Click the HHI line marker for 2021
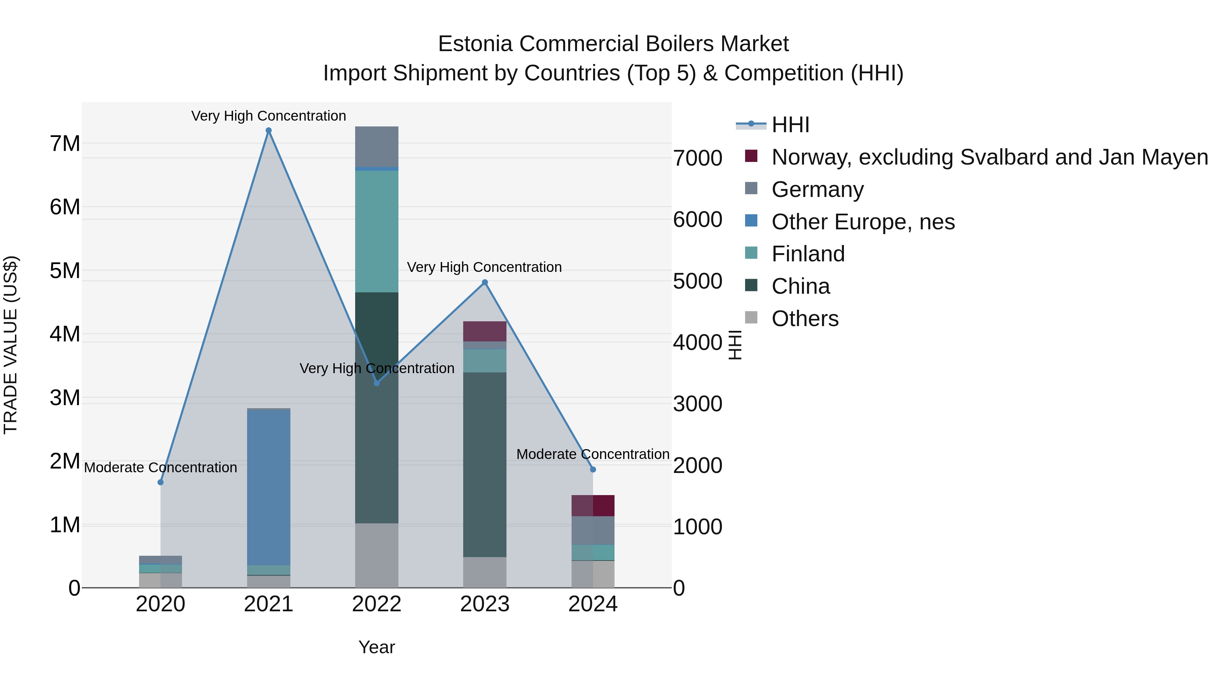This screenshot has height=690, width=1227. pos(269,131)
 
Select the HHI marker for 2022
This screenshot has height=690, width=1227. pos(377,383)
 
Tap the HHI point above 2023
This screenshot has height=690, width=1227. pos(485,282)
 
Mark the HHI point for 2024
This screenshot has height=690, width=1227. pos(593,470)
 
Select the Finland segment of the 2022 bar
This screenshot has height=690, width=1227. pos(377,231)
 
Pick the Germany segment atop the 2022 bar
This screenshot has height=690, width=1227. pos(377,147)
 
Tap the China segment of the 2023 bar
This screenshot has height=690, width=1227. pos(485,464)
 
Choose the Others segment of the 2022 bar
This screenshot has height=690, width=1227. pos(377,555)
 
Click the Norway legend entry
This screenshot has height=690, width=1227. pos(989,157)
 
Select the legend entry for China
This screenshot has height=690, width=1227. pos(800,286)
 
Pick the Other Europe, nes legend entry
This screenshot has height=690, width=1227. pos(863,222)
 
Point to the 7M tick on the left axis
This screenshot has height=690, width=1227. pos(65,144)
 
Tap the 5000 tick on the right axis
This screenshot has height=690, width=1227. pos(697,281)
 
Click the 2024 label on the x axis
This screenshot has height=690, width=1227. pos(593,604)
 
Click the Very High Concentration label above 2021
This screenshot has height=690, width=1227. pos(269,116)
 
